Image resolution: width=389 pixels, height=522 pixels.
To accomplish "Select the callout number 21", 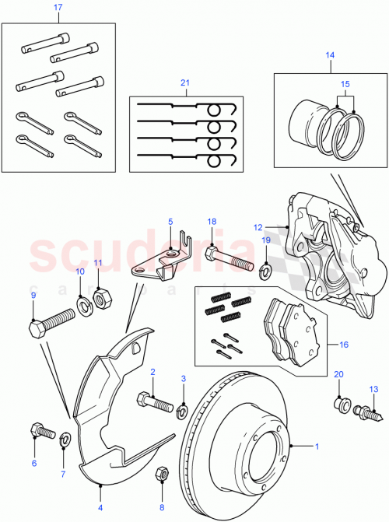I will tap(184, 83).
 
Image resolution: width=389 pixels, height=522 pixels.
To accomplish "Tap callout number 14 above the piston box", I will tap(328, 55).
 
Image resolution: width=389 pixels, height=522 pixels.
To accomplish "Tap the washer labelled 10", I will tap(82, 302).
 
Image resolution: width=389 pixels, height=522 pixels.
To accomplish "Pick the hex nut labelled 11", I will tap(100, 297).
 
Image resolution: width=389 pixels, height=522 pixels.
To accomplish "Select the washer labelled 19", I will tap(264, 269).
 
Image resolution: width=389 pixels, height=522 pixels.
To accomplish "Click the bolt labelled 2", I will tap(156, 402).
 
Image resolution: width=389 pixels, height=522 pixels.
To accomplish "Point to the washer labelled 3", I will tap(183, 409).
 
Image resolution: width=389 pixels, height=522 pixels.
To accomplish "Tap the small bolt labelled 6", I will tap(40, 429).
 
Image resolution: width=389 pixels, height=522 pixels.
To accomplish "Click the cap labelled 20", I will tap(338, 404).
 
